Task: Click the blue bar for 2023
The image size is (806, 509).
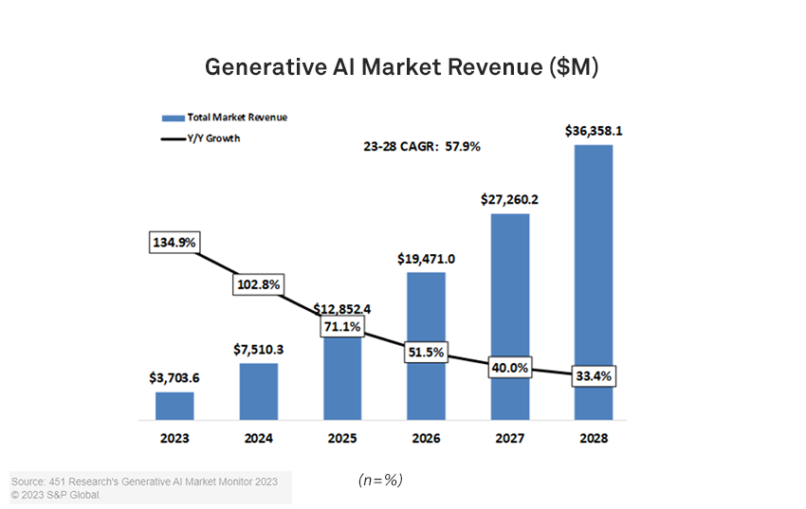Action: [174, 406]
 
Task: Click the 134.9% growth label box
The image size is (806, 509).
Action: [174, 243]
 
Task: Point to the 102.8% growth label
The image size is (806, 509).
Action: [258, 284]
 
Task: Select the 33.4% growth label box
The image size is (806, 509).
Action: [594, 376]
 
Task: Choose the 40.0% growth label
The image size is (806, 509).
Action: [510, 368]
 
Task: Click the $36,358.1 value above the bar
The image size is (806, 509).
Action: [594, 130]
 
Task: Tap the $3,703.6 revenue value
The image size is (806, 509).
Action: [174, 377]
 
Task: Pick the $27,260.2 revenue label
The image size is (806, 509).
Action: [510, 199]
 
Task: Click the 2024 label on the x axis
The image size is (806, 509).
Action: [258, 439]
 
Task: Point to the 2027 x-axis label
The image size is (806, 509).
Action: [510, 439]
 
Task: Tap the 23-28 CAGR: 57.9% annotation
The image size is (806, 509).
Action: [422, 147]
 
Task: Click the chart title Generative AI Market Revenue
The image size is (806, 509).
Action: [402, 68]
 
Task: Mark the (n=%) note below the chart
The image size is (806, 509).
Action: [380, 481]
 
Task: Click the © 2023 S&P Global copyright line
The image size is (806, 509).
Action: [56, 495]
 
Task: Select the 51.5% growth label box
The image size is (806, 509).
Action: [426, 351]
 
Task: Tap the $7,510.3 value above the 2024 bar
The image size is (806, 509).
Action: [258, 349]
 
